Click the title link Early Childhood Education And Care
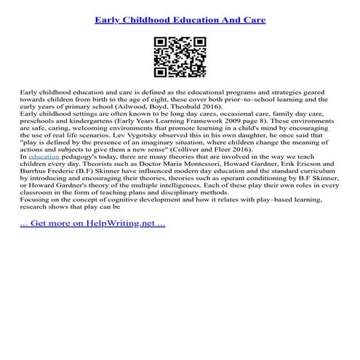[x=180, y=16]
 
